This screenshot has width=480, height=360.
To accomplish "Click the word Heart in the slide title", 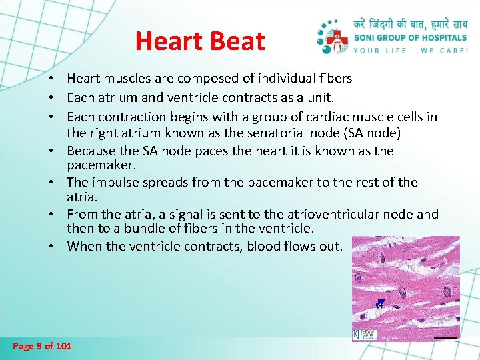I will coord(168,41).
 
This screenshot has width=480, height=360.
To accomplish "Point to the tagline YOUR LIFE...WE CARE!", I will coord(411,50).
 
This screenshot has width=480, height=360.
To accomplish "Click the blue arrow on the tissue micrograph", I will coord(379,304).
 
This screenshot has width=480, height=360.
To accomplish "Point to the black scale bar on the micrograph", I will coord(445,338).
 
